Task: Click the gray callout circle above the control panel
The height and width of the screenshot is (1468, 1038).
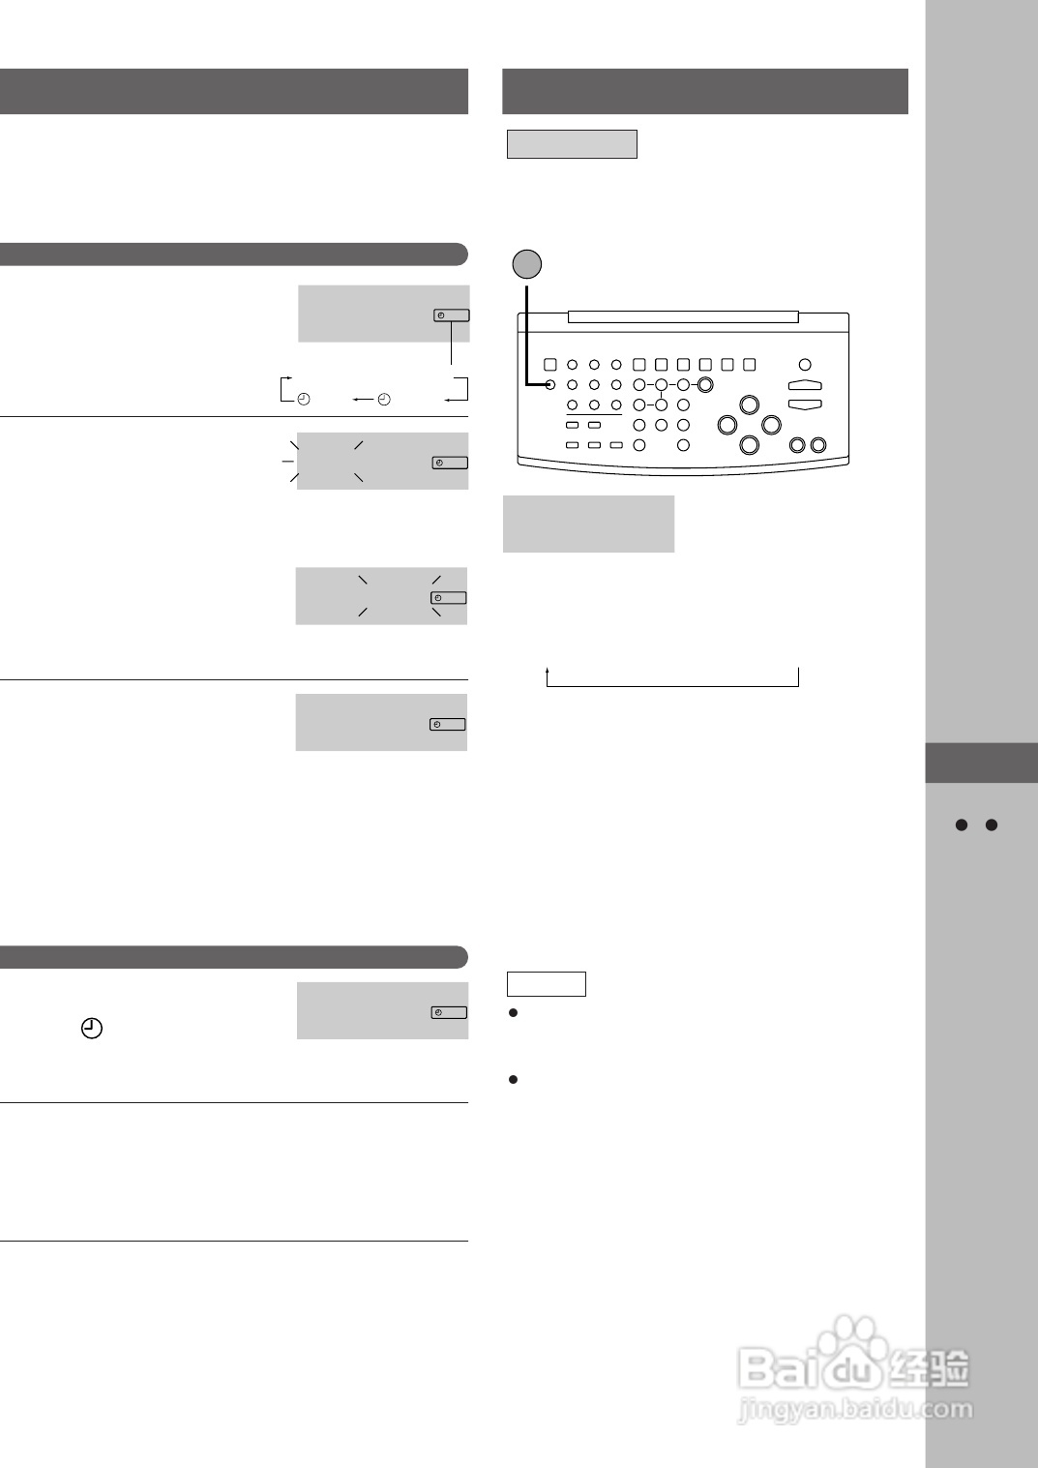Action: tap(526, 263)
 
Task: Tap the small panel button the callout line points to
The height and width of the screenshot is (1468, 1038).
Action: tap(549, 385)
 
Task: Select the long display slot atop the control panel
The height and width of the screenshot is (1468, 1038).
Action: tap(683, 316)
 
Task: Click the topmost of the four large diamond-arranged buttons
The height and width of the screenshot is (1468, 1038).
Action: tap(749, 404)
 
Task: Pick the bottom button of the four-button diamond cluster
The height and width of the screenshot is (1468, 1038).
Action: tap(749, 444)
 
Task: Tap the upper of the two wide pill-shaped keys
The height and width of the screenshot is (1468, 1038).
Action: tap(805, 386)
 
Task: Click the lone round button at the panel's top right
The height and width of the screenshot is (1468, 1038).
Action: tap(805, 365)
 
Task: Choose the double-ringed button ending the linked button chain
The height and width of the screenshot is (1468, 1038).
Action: tap(705, 385)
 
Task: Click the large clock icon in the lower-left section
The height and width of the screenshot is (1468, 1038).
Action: tap(91, 1029)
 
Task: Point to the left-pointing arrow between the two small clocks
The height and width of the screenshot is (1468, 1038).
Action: tap(362, 399)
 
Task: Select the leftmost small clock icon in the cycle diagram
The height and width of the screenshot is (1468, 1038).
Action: tap(304, 399)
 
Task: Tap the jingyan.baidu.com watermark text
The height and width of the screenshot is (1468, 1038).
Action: tap(855, 1408)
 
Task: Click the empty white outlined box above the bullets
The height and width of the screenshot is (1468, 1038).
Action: tap(547, 983)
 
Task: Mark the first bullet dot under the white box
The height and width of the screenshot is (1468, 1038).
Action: tap(514, 1013)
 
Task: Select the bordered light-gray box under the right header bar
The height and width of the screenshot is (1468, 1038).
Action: tap(572, 144)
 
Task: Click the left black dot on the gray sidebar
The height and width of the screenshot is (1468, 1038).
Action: tap(962, 825)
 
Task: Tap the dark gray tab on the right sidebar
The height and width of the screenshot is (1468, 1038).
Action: tap(981, 763)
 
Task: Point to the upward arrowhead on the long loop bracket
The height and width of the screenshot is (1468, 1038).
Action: tap(548, 669)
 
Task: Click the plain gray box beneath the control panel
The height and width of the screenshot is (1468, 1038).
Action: tap(588, 524)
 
